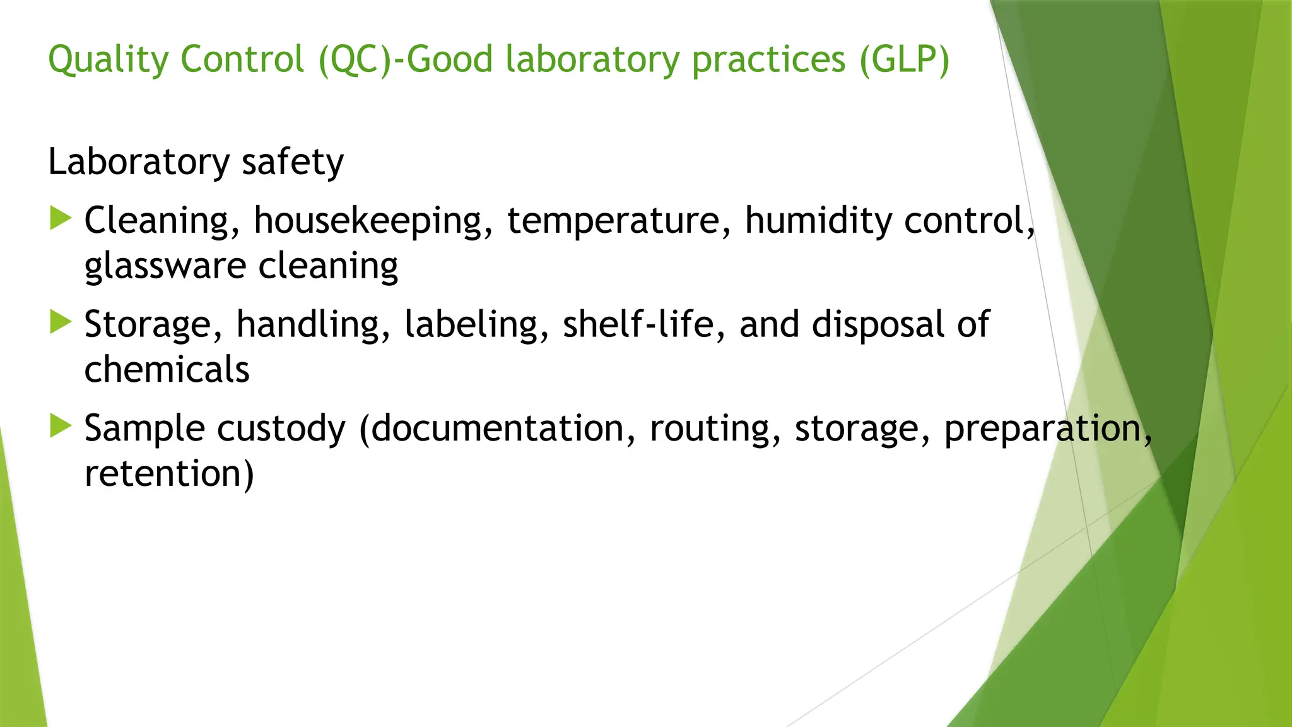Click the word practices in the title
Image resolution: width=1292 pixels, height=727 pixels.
pos(768,61)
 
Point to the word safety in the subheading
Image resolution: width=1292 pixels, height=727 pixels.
pos(292,162)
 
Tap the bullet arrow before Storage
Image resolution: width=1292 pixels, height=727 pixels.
pos(61,322)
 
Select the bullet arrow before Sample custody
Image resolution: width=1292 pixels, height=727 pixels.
pos(61,426)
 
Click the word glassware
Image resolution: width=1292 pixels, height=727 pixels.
pos(165,266)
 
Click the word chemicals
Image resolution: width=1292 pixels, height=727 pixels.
pos(167,369)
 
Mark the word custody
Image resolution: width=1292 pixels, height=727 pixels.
pos(281,429)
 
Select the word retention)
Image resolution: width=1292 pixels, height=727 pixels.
pos(169,474)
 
